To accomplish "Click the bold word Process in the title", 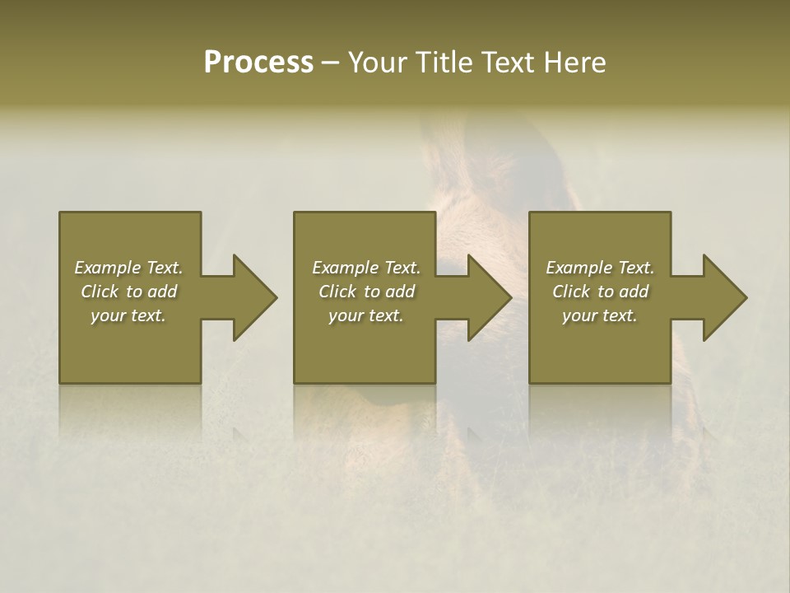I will [258, 63].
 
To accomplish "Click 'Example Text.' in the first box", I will [128, 268].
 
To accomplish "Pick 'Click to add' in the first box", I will [128, 292].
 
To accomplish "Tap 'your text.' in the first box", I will [128, 315].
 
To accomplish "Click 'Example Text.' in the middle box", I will [366, 268].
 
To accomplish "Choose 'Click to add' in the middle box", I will [366, 292].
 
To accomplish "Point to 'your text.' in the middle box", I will [366, 315].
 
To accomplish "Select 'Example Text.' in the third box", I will [600, 268].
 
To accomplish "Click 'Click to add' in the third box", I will [600, 292].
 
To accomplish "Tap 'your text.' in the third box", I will [600, 315].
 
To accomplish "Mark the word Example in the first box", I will [108, 268].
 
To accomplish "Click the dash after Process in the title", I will [331, 64].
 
